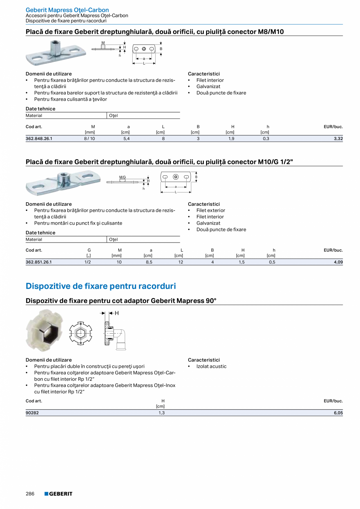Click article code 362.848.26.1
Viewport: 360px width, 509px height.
point(39,138)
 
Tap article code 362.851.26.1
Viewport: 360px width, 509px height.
point(39,262)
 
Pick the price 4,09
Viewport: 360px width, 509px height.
point(338,262)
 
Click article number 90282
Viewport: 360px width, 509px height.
point(32,413)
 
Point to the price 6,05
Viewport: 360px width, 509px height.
point(338,413)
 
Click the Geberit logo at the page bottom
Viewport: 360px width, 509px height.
point(58,494)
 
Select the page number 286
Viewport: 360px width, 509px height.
point(30,494)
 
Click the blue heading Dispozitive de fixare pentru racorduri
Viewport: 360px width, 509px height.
point(101,286)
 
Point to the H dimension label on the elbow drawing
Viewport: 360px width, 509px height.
point(117,313)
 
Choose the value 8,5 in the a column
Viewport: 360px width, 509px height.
point(149,262)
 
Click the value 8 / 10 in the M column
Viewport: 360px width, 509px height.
point(89,138)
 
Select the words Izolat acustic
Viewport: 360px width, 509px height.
point(211,366)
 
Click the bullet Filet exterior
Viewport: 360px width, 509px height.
point(211,210)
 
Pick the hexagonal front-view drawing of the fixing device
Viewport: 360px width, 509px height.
point(81,333)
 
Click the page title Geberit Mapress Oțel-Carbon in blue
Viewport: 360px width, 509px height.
point(67,10)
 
